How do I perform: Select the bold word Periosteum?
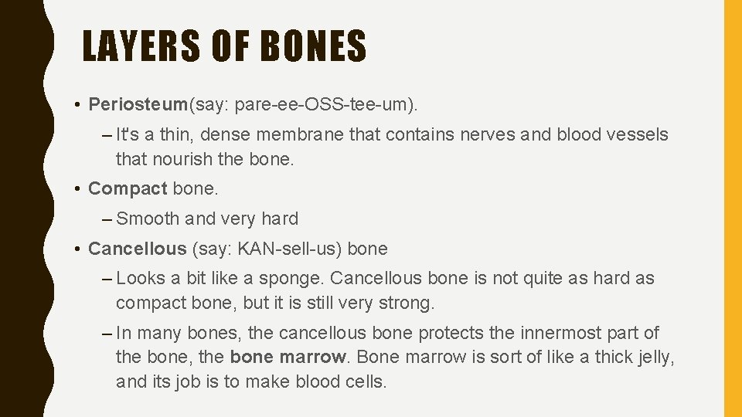138,103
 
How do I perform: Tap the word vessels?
635,135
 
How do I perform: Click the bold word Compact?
128,188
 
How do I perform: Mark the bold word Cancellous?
138,249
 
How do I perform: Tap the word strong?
407,303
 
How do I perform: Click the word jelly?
652,358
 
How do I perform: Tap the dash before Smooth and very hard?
107,219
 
